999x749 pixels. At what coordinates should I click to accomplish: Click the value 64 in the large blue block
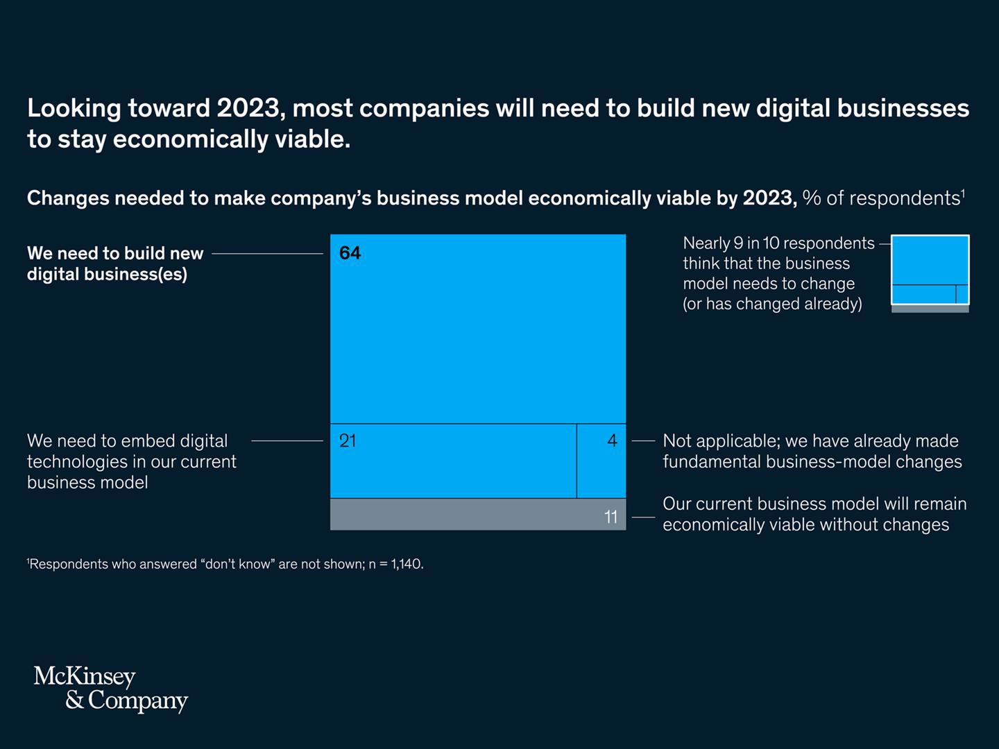click(x=350, y=253)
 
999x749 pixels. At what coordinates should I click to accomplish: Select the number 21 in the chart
click(x=348, y=440)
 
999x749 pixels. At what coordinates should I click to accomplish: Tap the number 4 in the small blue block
click(x=612, y=440)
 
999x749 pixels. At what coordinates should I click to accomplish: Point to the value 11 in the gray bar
click(x=610, y=517)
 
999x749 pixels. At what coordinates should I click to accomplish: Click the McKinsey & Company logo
click(x=111, y=688)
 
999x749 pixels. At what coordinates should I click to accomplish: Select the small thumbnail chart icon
click(x=930, y=273)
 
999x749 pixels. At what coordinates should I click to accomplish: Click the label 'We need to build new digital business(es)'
click(x=115, y=264)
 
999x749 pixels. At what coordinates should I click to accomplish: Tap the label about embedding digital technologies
click(x=132, y=461)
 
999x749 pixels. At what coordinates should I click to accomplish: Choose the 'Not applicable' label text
click(x=812, y=451)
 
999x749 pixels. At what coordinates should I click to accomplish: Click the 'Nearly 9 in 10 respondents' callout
click(x=778, y=273)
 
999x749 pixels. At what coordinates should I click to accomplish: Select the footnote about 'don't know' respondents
click(x=225, y=564)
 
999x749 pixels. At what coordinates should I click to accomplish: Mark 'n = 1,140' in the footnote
click(x=395, y=564)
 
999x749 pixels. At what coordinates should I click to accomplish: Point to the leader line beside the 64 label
click(x=267, y=254)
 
